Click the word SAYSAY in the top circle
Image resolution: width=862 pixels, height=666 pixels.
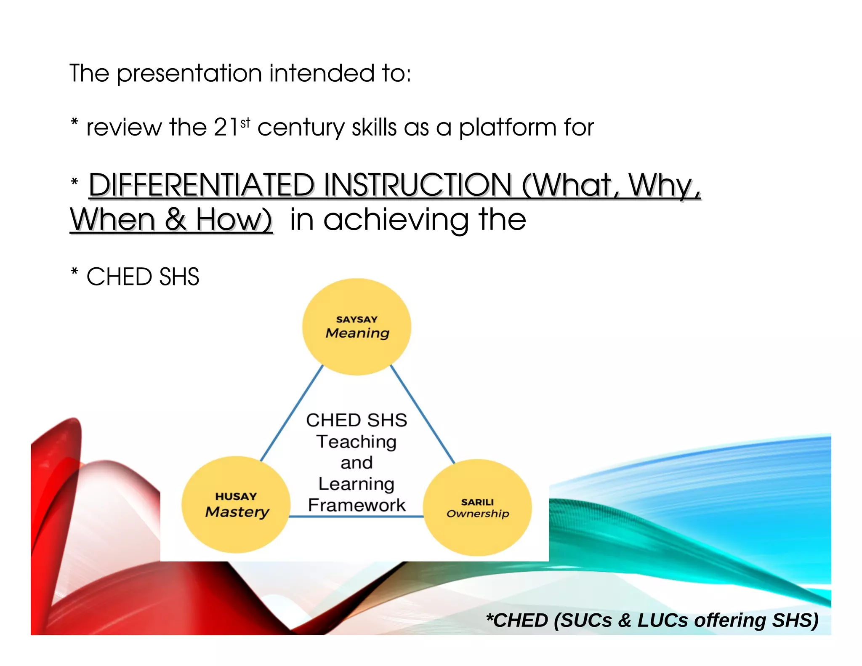pyautogui.click(x=357, y=320)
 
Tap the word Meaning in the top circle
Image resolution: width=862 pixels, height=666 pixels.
pyautogui.click(x=357, y=333)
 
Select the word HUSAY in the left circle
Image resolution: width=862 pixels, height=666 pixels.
pyautogui.click(x=236, y=497)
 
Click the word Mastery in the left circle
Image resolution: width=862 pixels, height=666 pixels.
pyautogui.click(x=237, y=512)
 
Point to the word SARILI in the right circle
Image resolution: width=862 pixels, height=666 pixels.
pyautogui.click(x=477, y=502)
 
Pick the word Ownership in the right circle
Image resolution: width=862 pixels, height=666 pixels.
pyautogui.click(x=478, y=514)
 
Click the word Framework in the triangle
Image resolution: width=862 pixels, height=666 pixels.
pyautogui.click(x=357, y=505)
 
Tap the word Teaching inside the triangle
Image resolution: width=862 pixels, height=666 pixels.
pyautogui.click(x=357, y=442)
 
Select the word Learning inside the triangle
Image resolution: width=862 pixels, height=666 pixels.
pyautogui.click(x=357, y=484)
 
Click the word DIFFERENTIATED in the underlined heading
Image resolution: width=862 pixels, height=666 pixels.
pyautogui.click(x=201, y=185)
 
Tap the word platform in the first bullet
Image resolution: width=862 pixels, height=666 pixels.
pyautogui.click(x=508, y=128)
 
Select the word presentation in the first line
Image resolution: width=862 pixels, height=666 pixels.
pyautogui.click(x=190, y=74)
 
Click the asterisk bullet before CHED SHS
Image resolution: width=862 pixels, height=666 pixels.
pyautogui.click(x=74, y=272)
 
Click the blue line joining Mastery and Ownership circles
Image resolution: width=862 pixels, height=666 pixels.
pyautogui.click(x=357, y=517)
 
